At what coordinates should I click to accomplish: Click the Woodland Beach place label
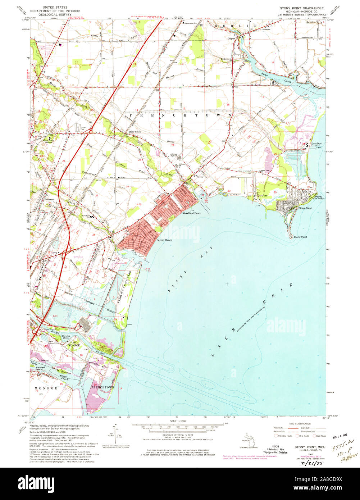coord(191,213)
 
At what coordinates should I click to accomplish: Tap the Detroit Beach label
coord(164,240)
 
